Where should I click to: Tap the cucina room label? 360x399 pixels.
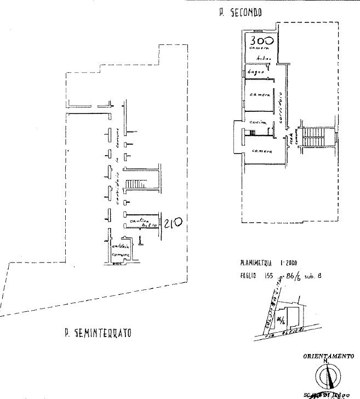(x=256, y=122)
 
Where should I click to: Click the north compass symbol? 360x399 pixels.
(x=328, y=376)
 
